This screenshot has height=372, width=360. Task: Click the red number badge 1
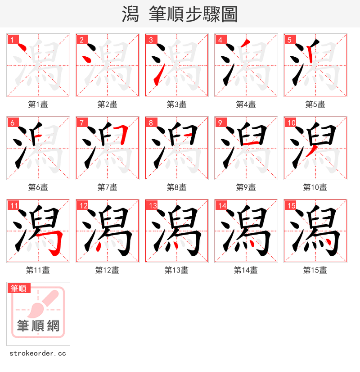click(x=12, y=40)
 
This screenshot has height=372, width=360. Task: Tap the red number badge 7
click(x=81, y=122)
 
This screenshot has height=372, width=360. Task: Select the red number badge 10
click(x=291, y=122)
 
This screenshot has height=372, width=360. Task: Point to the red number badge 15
click(x=291, y=205)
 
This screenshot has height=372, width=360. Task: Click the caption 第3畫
click(x=176, y=104)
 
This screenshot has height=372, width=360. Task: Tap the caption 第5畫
click(x=315, y=104)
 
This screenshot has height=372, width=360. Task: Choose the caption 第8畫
click(x=176, y=187)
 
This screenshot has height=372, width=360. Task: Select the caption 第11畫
click(x=38, y=270)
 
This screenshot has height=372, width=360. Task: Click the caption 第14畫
click(x=246, y=270)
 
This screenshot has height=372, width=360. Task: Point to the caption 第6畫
click(x=38, y=187)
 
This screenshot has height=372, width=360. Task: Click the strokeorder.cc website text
click(x=38, y=354)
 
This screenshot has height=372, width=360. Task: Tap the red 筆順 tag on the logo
click(x=18, y=288)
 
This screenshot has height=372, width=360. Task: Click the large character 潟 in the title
click(x=130, y=14)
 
